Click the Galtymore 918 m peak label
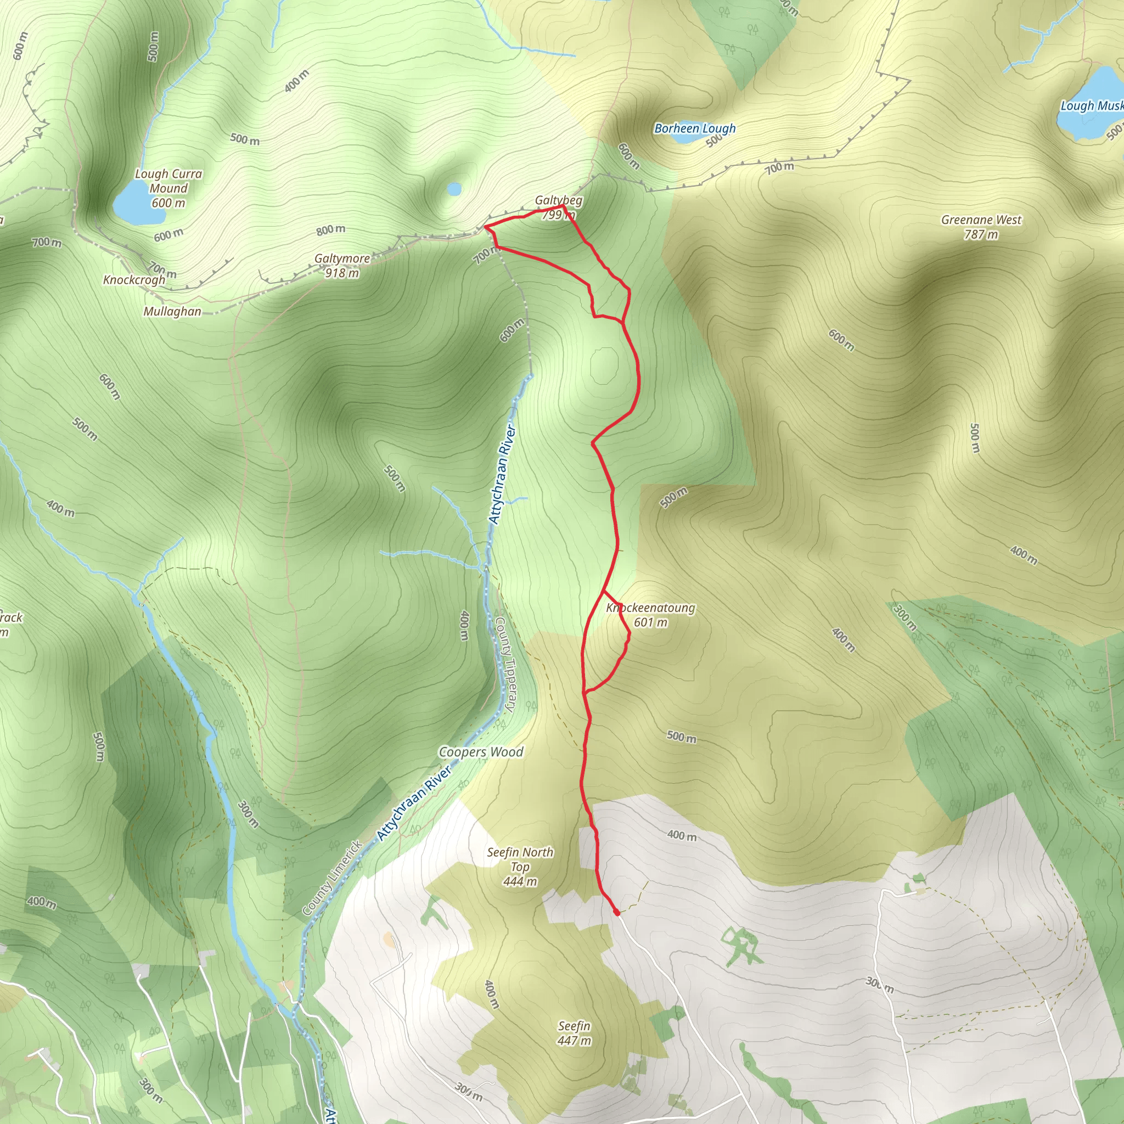(342, 265)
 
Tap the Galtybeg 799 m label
(559, 207)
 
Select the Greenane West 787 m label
(981, 227)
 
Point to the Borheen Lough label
(695, 128)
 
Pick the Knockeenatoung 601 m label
(650, 615)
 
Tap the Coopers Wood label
(481, 752)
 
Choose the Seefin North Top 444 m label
(520, 867)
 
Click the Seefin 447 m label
(574, 1033)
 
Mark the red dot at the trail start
(617, 912)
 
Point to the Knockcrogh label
(134, 280)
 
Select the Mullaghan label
(172, 311)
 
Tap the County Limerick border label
(332, 878)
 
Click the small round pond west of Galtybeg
(454, 189)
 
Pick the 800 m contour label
(330, 231)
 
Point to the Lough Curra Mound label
(168, 188)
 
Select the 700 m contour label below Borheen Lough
(779, 168)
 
